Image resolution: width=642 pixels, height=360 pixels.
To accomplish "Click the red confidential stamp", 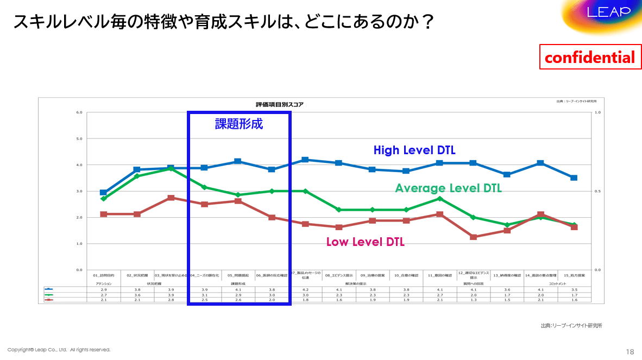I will point(589,57).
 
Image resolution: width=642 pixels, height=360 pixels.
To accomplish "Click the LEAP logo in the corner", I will point(608,12).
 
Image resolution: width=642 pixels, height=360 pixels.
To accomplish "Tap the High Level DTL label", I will point(414,150).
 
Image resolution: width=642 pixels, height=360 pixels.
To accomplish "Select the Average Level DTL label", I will point(448,188).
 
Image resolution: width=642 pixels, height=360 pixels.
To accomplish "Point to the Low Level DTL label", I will point(365,242).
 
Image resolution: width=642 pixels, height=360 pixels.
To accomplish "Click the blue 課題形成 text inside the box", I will point(239,124).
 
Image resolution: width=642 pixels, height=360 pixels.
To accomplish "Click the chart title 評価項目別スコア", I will point(280,104).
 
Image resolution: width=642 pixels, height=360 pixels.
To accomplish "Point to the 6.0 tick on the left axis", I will point(79,113).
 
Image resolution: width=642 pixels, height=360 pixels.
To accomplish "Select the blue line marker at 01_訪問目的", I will point(103,193).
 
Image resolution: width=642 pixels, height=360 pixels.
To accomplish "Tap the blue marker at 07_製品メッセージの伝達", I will point(305,160).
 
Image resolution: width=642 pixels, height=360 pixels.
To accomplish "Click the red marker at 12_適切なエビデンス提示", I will point(473,237).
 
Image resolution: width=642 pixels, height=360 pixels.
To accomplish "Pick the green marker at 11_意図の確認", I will point(439,199).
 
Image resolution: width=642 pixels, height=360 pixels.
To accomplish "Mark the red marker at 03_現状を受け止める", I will point(171,198).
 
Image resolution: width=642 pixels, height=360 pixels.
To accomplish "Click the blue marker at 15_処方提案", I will point(574,178).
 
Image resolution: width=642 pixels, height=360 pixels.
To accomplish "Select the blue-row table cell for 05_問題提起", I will point(238,290).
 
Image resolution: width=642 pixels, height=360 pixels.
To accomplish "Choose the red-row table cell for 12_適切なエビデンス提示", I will point(473,299).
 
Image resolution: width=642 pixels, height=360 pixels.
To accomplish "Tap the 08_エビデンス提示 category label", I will point(339,275).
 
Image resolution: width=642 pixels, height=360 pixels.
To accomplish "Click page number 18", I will point(630,351).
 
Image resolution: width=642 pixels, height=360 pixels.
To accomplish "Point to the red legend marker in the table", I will point(49,299).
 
